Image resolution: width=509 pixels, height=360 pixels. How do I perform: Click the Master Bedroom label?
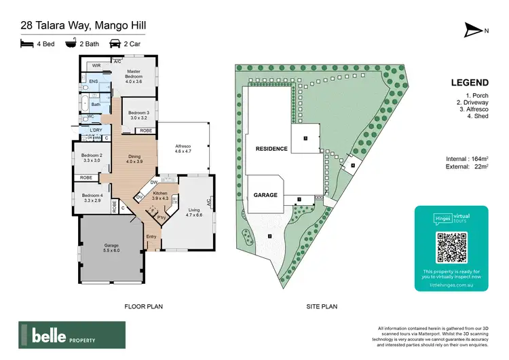pyautogui.click(x=134, y=75)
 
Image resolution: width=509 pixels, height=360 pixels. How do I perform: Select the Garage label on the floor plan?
pyautogui.click(x=111, y=247)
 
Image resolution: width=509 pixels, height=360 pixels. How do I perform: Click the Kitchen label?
pyautogui.click(x=160, y=196)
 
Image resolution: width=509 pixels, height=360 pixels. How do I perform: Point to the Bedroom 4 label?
pyautogui.click(x=92, y=198)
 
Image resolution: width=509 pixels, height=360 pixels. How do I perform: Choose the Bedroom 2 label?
pyautogui.click(x=92, y=158)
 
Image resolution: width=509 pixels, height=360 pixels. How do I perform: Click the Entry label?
pyautogui.click(x=151, y=236)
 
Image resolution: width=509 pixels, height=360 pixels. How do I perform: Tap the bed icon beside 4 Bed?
pyautogui.click(x=26, y=43)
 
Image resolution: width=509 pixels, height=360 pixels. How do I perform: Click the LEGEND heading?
pyautogui.click(x=470, y=83)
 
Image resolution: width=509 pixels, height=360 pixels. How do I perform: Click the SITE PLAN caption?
pyautogui.click(x=322, y=306)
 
